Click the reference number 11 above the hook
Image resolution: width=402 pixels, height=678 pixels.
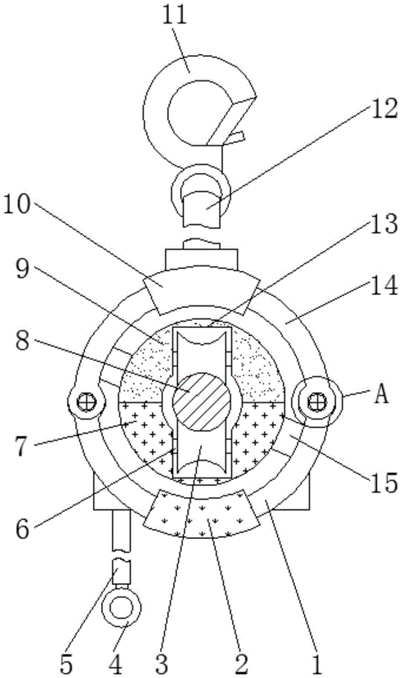tap(175, 16)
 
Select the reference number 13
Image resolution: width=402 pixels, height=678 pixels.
tap(383, 223)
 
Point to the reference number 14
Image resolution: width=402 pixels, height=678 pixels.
tap(383, 286)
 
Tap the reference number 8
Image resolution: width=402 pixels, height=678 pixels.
tap(23, 342)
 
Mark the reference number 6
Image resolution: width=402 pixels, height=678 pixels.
tap(23, 528)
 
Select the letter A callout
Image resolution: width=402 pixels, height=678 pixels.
tap(381, 395)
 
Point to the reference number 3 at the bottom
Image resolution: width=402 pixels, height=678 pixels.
tap(161, 664)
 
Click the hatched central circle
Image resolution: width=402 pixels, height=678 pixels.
tap(201, 401)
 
